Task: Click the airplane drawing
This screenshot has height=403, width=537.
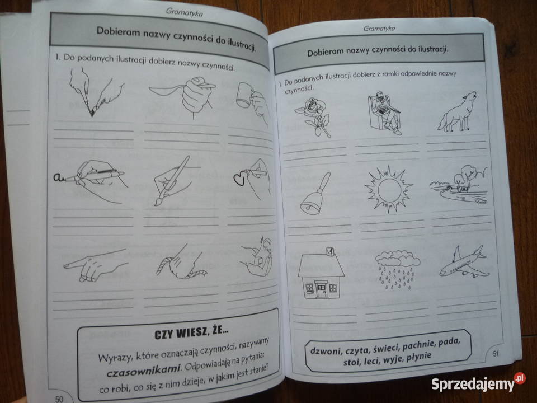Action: pyautogui.click(x=462, y=261)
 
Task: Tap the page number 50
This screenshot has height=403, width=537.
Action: pyautogui.click(x=59, y=397)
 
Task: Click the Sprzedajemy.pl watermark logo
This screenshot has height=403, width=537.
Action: pyautogui.click(x=478, y=384)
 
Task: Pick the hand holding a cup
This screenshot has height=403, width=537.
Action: pyautogui.click(x=253, y=101)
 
